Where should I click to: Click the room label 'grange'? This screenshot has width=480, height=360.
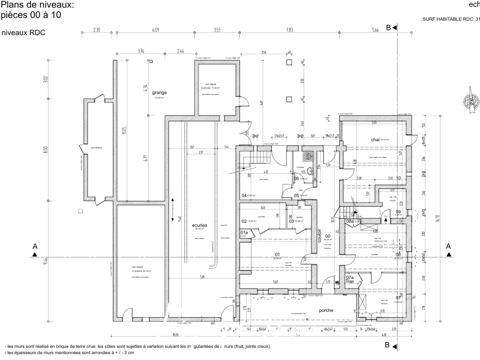click(x=159, y=93)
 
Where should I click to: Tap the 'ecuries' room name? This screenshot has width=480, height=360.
click(x=200, y=225)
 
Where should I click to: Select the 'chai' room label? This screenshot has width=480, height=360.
click(x=375, y=140)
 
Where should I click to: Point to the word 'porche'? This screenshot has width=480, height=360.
click(x=326, y=310)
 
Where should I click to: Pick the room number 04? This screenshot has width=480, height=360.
click(x=244, y=196)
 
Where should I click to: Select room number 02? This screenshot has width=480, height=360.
click(x=244, y=221)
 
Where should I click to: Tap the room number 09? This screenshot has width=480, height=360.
click(x=398, y=212)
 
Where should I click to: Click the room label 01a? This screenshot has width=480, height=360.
click(x=244, y=232)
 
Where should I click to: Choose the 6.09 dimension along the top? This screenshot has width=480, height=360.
click(x=156, y=30)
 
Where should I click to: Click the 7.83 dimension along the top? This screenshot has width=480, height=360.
click(x=289, y=30)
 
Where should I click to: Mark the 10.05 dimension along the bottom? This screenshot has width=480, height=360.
click(x=175, y=335)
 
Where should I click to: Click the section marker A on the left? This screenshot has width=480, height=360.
click(x=35, y=247)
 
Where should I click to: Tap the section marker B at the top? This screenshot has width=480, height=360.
click(x=388, y=28)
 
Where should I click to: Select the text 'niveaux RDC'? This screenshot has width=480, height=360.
click(x=23, y=33)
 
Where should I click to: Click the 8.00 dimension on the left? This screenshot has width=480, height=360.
click(x=46, y=150)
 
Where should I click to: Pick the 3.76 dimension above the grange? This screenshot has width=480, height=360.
click(x=141, y=51)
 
